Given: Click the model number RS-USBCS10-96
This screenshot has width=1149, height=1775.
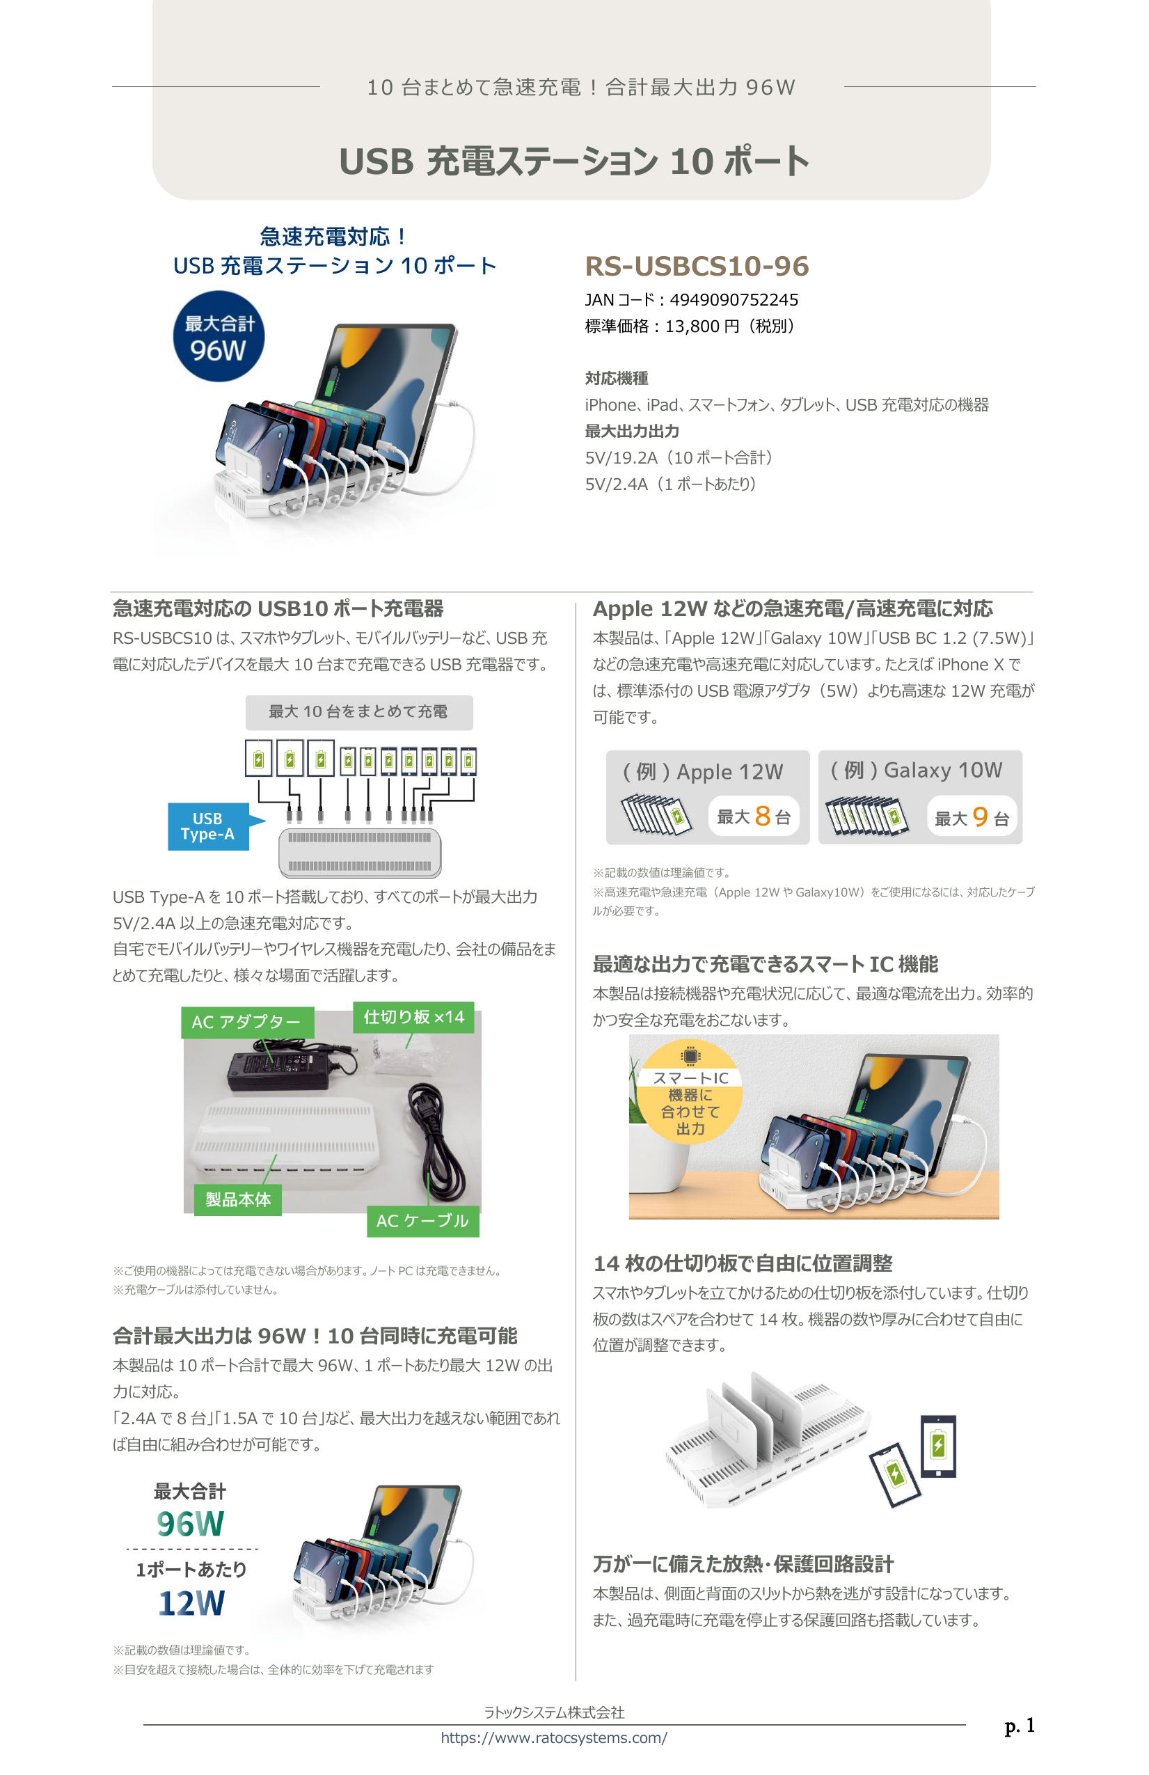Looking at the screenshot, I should (x=697, y=266).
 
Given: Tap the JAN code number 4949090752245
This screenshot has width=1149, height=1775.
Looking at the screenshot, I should (x=734, y=300).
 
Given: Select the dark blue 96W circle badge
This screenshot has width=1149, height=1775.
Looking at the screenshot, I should (x=219, y=337).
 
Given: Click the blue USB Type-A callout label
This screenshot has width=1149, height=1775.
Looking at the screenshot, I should (x=208, y=826).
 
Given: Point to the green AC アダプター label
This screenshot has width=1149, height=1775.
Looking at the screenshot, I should (x=247, y=1022).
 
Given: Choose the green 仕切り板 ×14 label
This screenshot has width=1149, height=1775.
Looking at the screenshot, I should (x=413, y=1016).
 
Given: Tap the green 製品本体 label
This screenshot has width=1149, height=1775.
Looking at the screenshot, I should (x=238, y=1199).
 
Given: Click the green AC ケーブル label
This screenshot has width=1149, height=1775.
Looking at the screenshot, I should (x=422, y=1221).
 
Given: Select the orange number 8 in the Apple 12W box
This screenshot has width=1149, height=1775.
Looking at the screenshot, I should (x=762, y=816).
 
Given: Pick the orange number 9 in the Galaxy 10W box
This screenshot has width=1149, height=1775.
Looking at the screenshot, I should (x=980, y=816).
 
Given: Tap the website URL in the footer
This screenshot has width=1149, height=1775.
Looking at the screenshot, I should (x=554, y=1737).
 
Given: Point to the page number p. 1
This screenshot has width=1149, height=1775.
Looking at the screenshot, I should (x=1020, y=1725).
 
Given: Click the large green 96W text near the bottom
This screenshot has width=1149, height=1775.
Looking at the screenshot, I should (x=190, y=1524).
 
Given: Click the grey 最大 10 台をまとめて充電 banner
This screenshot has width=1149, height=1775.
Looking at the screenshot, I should (x=358, y=712).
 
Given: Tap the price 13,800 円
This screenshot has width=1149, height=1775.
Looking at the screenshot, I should (x=702, y=326).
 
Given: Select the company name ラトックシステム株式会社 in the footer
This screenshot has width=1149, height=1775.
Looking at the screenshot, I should (x=554, y=1712).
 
